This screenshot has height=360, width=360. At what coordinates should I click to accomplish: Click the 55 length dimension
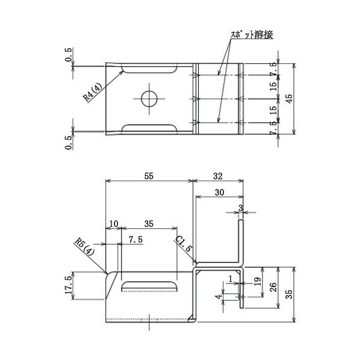149,176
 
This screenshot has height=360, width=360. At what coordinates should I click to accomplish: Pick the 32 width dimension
218,176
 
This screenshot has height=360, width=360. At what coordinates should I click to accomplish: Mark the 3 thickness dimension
241,208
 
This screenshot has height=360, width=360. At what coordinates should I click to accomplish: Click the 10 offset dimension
113,223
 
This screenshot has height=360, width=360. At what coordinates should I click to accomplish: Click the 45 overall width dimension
290,99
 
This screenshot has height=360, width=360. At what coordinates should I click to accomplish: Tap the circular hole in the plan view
149,98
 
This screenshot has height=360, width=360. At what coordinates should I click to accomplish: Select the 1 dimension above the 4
231,278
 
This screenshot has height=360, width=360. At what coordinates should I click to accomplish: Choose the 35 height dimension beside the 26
290,294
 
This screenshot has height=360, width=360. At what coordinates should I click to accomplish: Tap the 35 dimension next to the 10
149,223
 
